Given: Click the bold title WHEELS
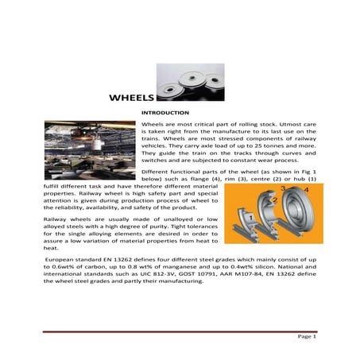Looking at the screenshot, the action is [131, 99].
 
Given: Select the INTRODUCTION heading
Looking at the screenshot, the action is [164, 114].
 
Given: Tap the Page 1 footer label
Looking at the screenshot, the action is [306, 337].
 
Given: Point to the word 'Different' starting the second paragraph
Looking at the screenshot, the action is [155, 172].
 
